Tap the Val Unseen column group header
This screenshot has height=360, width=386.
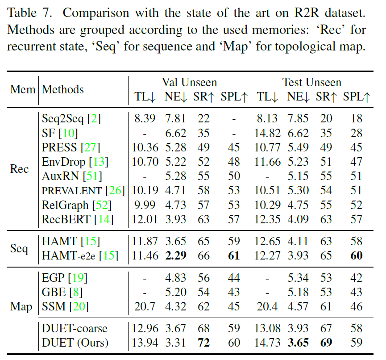(189, 82)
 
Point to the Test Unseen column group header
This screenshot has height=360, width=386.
(311, 82)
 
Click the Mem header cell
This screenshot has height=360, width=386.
(22, 89)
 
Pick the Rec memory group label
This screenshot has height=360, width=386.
(19, 169)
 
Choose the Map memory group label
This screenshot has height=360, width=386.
(21, 307)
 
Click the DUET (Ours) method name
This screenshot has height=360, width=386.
(75, 343)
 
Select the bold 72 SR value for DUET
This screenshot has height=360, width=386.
(203, 343)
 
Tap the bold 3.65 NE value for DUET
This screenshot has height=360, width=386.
(298, 343)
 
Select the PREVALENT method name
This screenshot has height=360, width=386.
(72, 191)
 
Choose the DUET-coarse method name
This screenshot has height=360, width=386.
(75, 328)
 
